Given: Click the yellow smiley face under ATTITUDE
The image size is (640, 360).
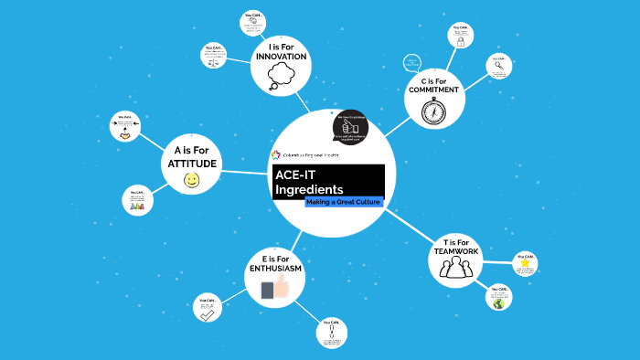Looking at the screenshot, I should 191,181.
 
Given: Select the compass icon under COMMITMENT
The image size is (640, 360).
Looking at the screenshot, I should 433,111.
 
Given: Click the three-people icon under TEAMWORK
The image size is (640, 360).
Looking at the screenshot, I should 454,267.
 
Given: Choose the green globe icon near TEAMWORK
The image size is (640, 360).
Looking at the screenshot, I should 498,302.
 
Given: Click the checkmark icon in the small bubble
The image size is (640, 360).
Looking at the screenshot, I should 208,313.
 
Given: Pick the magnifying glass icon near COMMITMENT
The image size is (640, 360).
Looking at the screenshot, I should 498,66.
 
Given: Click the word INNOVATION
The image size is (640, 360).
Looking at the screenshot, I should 282,57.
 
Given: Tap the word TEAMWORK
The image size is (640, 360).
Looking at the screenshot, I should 454,251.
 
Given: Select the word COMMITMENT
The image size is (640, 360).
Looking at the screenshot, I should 434,90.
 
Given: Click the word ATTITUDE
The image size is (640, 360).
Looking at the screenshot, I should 191,164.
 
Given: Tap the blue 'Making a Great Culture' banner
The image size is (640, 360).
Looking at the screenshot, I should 343,201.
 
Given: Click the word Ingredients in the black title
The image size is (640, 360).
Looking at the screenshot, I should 309,188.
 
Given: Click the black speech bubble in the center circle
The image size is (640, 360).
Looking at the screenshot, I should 349,128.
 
